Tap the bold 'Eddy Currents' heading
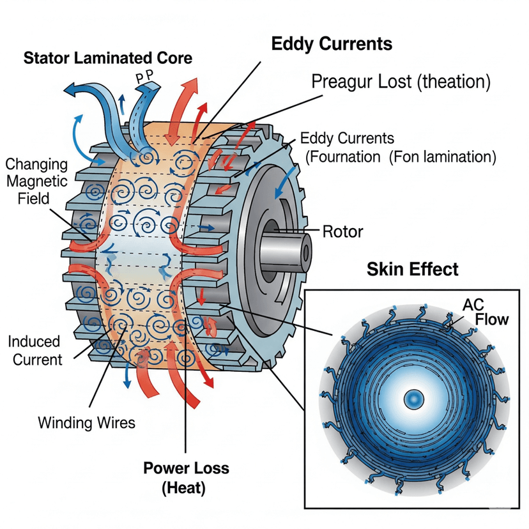tap(332, 44)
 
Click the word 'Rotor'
tap(342, 231)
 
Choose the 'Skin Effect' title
tap(412, 269)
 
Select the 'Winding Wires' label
tap(86, 422)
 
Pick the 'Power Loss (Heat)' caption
tap(185, 478)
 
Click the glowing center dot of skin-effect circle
tap(413, 400)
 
